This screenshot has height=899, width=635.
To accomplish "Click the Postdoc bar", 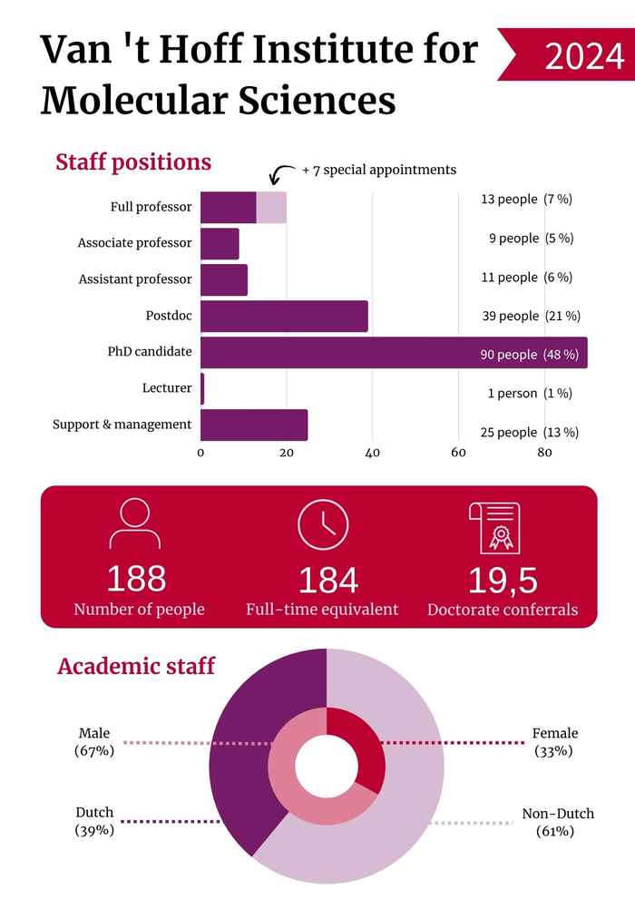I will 284,316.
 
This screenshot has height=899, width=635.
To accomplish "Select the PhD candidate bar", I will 394,353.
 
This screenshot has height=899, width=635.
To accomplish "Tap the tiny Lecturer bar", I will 202,389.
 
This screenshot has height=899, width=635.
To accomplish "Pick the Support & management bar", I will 254,425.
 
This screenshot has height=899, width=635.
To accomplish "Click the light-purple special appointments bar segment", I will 272,208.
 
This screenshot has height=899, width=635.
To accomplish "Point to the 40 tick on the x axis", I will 373,454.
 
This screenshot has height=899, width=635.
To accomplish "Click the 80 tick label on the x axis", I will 544,454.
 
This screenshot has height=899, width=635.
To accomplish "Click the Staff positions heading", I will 133,162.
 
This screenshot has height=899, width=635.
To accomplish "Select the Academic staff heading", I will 136,667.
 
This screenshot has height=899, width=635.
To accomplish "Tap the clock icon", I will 323,524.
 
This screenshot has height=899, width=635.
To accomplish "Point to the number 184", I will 327,580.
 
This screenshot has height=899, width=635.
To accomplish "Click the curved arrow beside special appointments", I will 283,172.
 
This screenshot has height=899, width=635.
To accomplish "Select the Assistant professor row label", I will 135,279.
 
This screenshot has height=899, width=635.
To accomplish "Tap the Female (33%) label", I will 554,741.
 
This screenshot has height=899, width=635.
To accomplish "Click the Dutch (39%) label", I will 94,821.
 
